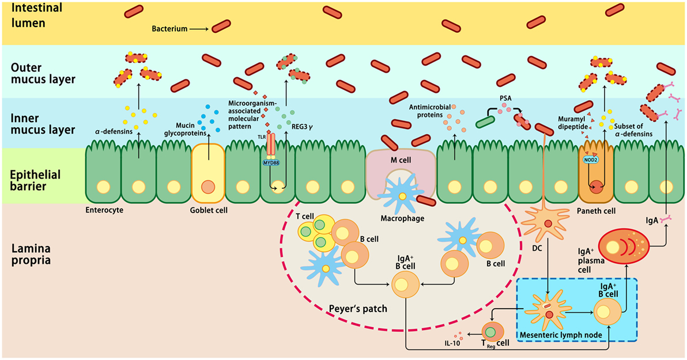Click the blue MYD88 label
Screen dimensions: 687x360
coord(271,163)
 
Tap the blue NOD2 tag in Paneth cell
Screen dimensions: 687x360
coord(590,160)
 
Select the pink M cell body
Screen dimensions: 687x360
coord(401,172)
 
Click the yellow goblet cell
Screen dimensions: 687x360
coord(208,173)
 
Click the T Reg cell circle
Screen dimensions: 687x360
coord(493,332)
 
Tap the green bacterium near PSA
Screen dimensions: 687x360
coord(485,122)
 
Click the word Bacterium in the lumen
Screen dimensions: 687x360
coord(169,29)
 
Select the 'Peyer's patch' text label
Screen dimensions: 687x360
coord(358,308)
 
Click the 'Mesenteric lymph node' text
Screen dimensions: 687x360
coord(560,335)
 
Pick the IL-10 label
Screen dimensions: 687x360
coord(452,343)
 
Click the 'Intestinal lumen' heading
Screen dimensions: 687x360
coord(30,15)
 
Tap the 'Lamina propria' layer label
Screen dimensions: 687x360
coord(31,255)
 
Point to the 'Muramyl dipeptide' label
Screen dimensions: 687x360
coord(573,123)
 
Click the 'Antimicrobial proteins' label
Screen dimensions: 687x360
coord(430,111)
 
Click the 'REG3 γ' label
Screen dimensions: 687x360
coord(303,127)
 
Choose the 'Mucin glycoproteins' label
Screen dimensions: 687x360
coord(185,129)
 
